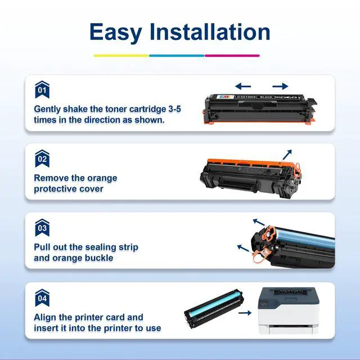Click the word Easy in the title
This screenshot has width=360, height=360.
(x=116, y=33)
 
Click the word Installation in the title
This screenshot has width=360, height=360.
(x=210, y=31)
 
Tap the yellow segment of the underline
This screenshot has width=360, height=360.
(x=121, y=56)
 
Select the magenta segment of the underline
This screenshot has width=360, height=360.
(x=232, y=56)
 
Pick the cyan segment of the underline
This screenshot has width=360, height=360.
(x=177, y=56)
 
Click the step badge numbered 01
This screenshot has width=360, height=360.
(x=42, y=89)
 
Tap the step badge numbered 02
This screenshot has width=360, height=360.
(x=42, y=159)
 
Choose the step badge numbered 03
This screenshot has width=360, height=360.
(x=42, y=227)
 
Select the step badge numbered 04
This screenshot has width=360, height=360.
(x=42, y=298)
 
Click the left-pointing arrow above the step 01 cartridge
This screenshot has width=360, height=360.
(x=243, y=86)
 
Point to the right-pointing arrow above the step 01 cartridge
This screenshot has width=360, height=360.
(x=280, y=86)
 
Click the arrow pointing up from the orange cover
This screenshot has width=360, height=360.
(x=287, y=155)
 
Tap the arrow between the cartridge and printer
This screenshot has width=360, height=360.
(x=245, y=313)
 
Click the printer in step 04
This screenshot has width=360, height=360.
(x=289, y=310)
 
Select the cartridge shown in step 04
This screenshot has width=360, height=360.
(x=214, y=309)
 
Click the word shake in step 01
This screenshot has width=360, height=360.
(x=75, y=109)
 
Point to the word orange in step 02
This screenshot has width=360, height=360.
(x=102, y=178)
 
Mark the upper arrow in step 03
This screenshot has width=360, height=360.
(x=259, y=222)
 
